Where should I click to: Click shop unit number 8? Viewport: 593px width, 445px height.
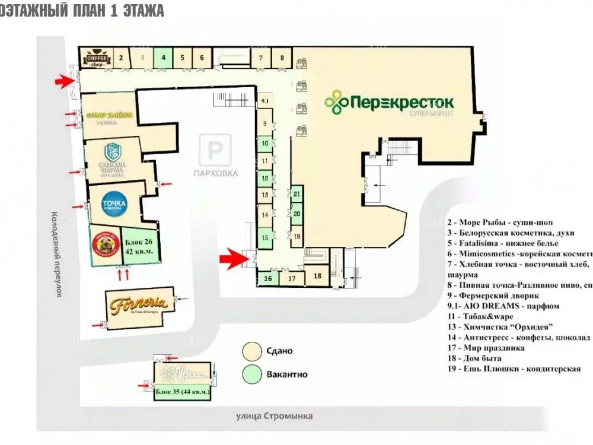282,58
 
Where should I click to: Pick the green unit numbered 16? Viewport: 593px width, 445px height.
268,278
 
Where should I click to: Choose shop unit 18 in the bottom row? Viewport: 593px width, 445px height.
317,275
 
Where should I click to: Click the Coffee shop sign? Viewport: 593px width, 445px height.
96,58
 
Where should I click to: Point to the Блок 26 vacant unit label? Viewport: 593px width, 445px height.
139,246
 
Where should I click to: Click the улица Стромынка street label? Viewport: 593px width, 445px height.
273,416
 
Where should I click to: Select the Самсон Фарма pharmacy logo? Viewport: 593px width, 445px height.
113,160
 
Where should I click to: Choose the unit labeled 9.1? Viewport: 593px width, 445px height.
264,101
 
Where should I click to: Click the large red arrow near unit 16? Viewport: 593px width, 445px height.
232,257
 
